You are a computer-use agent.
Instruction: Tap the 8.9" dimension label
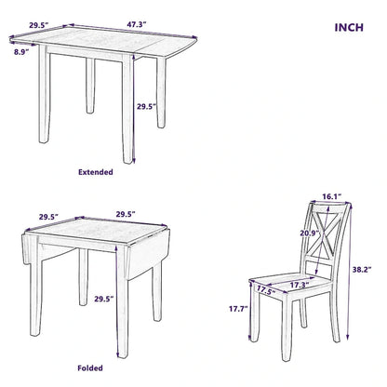(21, 54)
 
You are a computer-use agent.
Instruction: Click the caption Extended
(96, 172)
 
